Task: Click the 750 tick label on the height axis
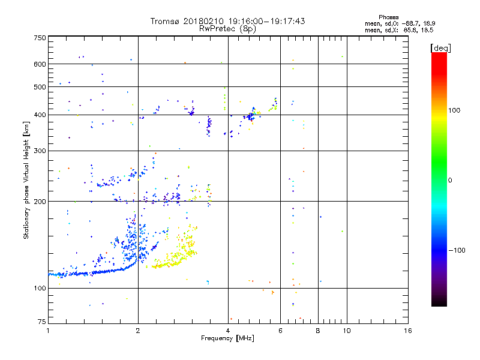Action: (x=40, y=38)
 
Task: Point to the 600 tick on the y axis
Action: (x=40, y=64)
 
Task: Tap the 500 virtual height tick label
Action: (x=40, y=87)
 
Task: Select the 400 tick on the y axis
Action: (x=40, y=115)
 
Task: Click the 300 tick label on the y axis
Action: (x=40, y=151)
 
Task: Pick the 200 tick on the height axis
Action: (x=40, y=202)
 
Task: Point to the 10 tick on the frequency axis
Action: (x=346, y=331)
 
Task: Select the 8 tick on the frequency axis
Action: (x=318, y=331)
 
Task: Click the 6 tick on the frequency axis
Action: (x=280, y=331)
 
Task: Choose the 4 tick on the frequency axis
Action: (x=228, y=331)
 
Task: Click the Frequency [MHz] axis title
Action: (x=228, y=339)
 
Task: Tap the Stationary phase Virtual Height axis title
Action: (x=26, y=180)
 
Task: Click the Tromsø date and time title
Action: (x=228, y=21)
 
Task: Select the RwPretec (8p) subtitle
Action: (x=228, y=28)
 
